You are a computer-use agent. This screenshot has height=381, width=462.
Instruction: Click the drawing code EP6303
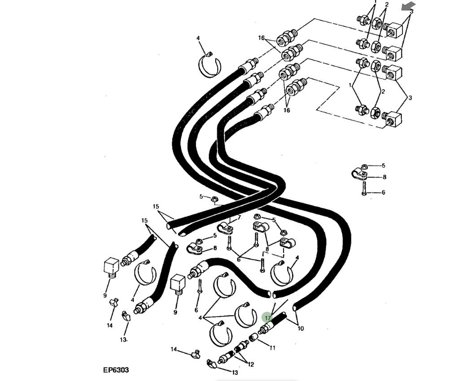coord(116,370)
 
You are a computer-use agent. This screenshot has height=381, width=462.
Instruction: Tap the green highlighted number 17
coord(267,318)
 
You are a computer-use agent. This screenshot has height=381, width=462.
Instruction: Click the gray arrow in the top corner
coord(408,6)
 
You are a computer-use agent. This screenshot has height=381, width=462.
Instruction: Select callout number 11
coord(272,348)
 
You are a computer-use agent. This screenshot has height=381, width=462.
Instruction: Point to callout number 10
coord(301,329)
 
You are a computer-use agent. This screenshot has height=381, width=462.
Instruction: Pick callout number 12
coord(250,364)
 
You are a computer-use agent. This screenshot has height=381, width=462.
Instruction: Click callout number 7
coord(240,217)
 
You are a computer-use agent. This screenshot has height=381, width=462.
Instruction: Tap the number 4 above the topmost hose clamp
coord(198,39)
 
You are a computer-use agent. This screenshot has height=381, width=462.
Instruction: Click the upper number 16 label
coord(262,38)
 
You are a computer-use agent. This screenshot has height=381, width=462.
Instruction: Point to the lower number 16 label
coord(287,110)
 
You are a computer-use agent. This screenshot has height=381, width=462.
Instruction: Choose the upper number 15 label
coord(156,207)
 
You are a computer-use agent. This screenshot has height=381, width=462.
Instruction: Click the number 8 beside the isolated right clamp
coord(384,177)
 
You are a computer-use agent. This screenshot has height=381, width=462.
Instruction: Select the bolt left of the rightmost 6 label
coord(364,188)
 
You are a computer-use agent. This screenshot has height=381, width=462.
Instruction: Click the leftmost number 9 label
coord(105,295)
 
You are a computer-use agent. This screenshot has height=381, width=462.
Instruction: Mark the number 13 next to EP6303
coord(235,372)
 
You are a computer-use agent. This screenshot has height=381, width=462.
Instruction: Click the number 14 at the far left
coord(109,325)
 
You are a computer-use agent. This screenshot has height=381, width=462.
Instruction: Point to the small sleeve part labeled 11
coord(253,338)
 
